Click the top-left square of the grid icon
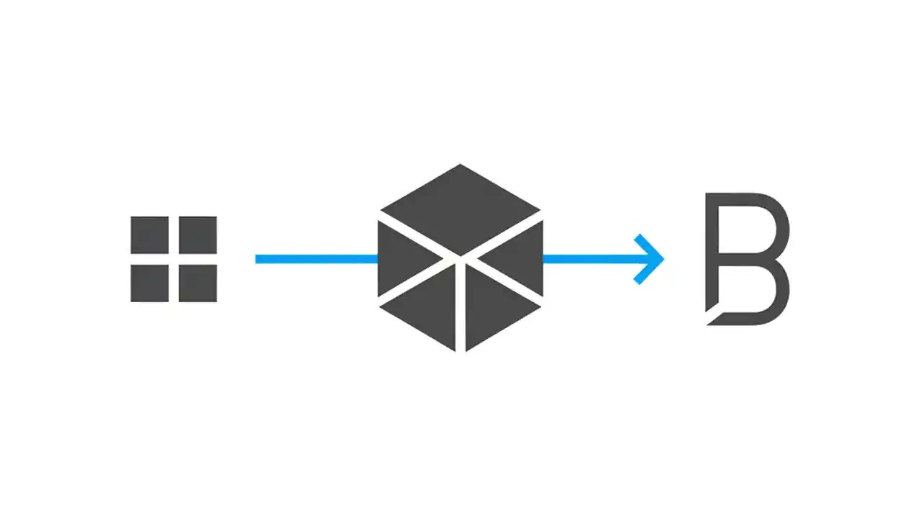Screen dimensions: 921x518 coord(150,235)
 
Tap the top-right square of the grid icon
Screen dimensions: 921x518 coord(197,235)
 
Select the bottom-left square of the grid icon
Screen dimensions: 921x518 coord(150,283)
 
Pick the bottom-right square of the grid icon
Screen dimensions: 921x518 coord(197,283)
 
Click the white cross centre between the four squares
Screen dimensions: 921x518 coord(173,259)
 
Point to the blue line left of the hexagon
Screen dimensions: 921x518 coord(317,259)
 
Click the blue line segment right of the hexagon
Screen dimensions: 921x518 coord(586,259)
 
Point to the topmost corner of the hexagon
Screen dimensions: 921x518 coord(460,165)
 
